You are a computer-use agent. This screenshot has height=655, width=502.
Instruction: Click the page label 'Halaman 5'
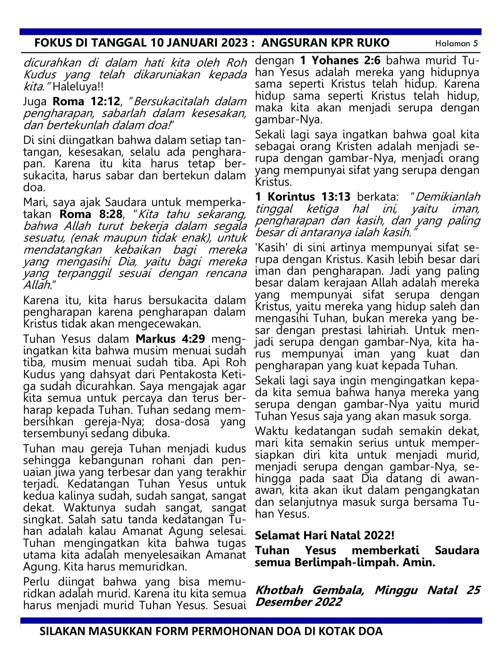pos(456,43)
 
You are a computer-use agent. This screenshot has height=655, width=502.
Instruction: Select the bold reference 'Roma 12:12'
pos(86,101)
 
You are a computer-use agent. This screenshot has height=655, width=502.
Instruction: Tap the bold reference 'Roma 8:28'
pos(91,214)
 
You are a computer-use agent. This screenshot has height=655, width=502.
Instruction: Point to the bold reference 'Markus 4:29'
pos(170,339)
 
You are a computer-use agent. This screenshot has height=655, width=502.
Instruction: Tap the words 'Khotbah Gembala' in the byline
pos(309,590)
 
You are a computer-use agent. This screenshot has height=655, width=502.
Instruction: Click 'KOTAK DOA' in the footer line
pos(352,631)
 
